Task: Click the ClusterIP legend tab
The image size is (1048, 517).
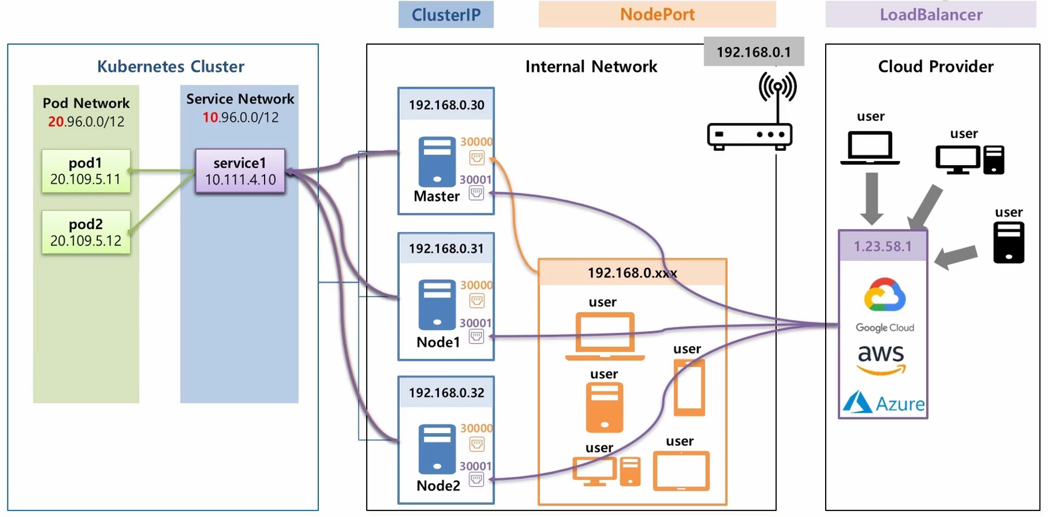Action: point(446,14)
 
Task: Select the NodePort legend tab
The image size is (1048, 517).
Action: point(657,14)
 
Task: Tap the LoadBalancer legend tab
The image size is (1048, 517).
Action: point(931,14)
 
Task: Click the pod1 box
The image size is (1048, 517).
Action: point(86,171)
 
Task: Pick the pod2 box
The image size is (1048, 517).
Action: point(86,232)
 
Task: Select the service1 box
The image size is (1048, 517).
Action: point(240,171)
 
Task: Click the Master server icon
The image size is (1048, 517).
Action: point(437,161)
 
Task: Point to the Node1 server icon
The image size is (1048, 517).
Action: point(437,304)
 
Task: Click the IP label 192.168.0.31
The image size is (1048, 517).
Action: point(446,249)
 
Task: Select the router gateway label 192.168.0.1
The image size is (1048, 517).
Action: point(753,52)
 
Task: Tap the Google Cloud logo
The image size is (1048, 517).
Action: point(885,304)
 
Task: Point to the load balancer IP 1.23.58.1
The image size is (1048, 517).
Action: point(882,246)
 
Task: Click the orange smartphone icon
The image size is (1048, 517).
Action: point(689,388)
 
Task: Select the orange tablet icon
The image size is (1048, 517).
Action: point(681,471)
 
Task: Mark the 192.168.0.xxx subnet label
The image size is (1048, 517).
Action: point(632,273)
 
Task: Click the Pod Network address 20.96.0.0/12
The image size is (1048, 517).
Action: point(86,121)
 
